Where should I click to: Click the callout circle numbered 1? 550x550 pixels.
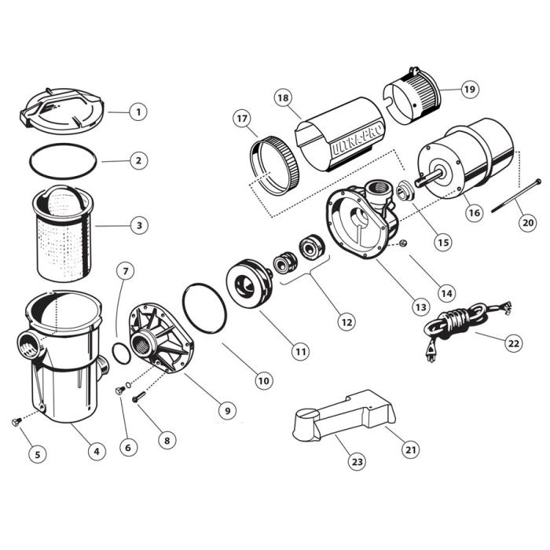click(x=137, y=112)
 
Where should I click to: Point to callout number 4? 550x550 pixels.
click(x=96, y=451)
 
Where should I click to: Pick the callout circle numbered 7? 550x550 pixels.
click(x=124, y=272)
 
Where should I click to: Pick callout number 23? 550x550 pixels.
click(x=357, y=462)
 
